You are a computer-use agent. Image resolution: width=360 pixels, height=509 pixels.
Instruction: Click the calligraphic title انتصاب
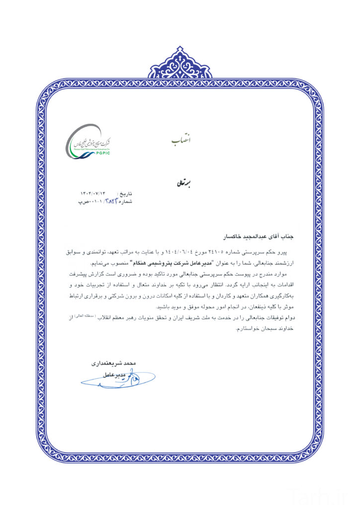(180, 141)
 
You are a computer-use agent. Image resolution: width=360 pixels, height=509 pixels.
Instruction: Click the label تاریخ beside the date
(125, 193)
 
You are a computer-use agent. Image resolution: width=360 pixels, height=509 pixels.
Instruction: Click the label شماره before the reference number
(125, 202)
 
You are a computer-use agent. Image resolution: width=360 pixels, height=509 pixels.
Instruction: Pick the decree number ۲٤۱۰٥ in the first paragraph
(225, 253)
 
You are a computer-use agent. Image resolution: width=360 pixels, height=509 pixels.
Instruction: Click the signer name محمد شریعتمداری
(114, 363)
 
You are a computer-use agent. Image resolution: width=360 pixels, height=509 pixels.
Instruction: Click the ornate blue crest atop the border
(180, 64)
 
